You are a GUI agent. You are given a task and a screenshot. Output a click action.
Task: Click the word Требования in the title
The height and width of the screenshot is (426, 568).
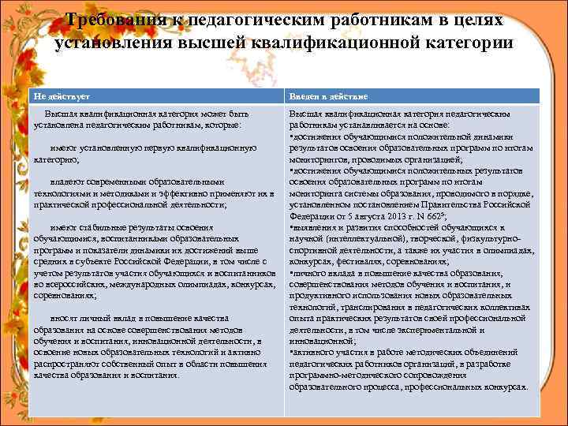coord(114,19)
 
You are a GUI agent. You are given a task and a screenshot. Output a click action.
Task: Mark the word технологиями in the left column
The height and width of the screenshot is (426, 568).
coord(65,192)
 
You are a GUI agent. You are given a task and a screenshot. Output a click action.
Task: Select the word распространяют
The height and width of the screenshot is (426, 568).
coord(69,364)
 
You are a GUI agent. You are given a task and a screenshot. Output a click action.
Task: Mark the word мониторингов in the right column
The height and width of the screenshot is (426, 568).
coord(319,159)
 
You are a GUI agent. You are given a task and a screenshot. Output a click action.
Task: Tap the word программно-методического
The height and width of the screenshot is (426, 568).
coord(341,376)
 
